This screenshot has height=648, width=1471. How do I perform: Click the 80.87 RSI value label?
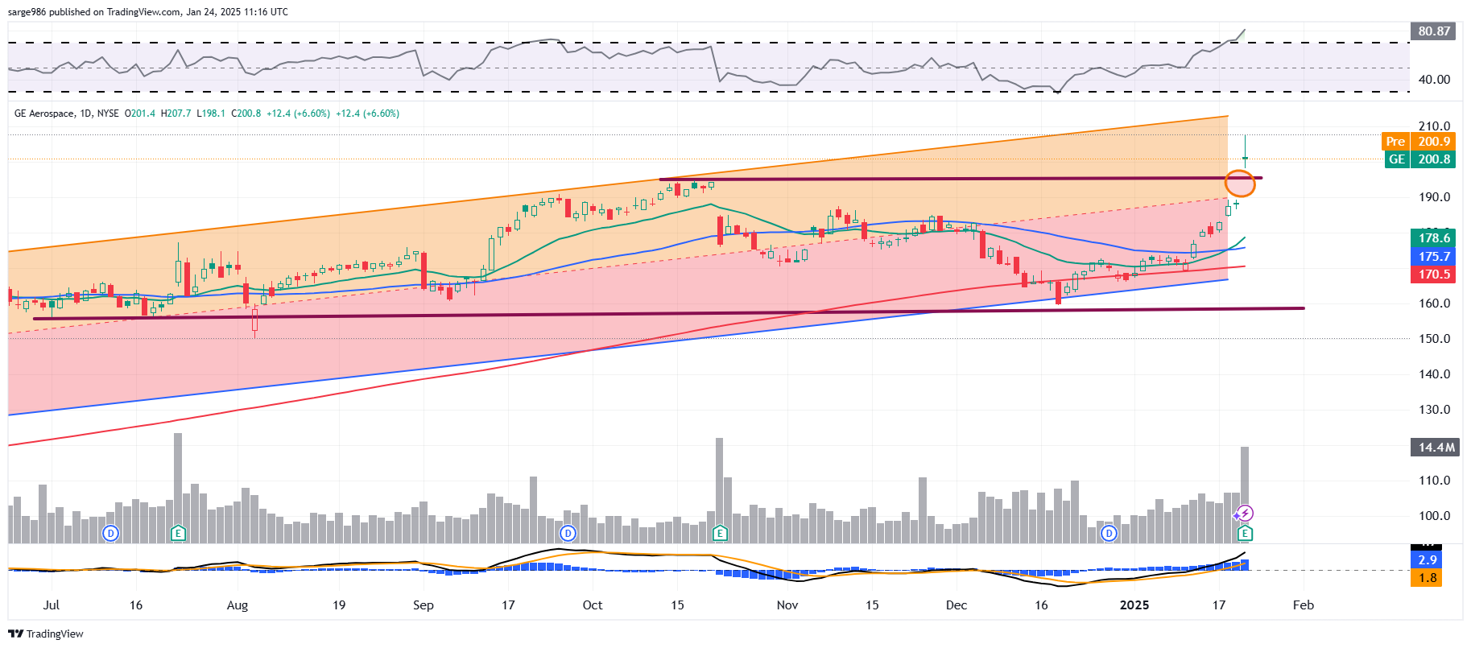coord(1434,31)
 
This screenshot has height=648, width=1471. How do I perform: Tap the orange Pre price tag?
coord(1395,142)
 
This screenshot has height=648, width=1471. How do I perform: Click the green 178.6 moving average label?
coord(1434,238)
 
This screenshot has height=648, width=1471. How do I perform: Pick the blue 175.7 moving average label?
coord(1434,257)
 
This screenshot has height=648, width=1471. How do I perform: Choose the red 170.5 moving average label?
coord(1434,274)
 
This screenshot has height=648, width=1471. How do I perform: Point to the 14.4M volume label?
coord(1436,448)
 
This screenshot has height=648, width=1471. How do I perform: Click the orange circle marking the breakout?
coord(1240,184)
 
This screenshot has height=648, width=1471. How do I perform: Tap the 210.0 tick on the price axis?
coord(1434,126)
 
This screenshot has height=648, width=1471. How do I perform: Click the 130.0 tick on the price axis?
coord(1434,410)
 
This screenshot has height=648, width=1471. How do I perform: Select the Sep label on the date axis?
coord(423,605)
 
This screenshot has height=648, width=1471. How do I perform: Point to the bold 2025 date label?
coord(1134,605)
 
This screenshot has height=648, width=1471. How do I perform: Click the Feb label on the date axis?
coord(1303,605)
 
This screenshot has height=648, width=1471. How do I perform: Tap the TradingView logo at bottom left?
coord(46,634)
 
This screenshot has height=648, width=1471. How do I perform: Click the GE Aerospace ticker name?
coord(44,114)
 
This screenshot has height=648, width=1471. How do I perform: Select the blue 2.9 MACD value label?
coord(1428,560)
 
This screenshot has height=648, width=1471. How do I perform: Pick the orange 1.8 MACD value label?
coord(1428,578)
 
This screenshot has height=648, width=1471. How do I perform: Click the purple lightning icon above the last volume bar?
coord(1245,514)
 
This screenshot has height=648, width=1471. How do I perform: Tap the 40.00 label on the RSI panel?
coord(1434,80)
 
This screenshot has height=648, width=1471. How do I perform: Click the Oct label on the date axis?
coord(593,605)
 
